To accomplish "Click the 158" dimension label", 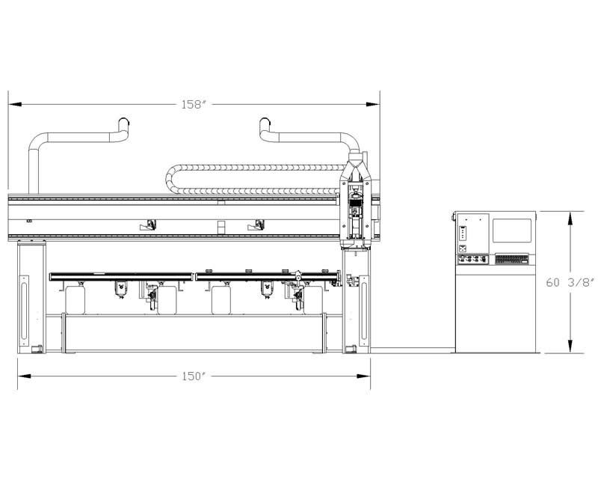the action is coord(194,104).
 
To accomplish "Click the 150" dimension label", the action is coord(194,376).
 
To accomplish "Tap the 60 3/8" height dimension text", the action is coord(570,283).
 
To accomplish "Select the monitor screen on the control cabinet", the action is coord(512,231).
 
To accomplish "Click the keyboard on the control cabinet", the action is coord(512,260).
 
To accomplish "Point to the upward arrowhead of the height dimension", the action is coord(570,219).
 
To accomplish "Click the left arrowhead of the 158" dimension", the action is coord(15,104).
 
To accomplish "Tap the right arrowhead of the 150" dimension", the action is coord(363,376).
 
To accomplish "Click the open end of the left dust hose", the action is coord(123,122).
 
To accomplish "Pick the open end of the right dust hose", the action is coord(265,122).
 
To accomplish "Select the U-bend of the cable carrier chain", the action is coord(173,180).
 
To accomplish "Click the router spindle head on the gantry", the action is coord(355,218).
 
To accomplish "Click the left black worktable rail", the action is coord(121,277).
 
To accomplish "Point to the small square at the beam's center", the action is coord(221,227).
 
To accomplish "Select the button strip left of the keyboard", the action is coord(473,260).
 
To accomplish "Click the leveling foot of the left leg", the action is coord(37,349).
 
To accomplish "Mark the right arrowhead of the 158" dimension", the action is coord(372,104).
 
